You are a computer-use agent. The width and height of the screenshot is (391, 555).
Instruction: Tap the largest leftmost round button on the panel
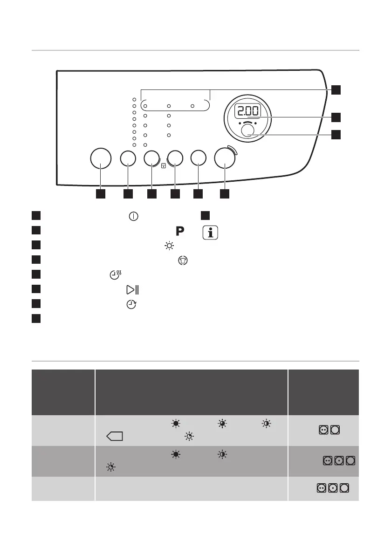click(x=101, y=159)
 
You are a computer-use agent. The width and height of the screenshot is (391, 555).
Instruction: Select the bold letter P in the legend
click(x=180, y=231)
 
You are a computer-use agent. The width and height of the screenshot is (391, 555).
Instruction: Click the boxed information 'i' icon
click(x=210, y=232)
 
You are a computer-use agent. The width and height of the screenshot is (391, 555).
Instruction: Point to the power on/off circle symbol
click(x=134, y=216)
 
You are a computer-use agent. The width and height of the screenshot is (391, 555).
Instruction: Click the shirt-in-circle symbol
click(x=182, y=261)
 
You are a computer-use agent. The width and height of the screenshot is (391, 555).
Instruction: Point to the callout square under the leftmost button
click(x=101, y=193)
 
